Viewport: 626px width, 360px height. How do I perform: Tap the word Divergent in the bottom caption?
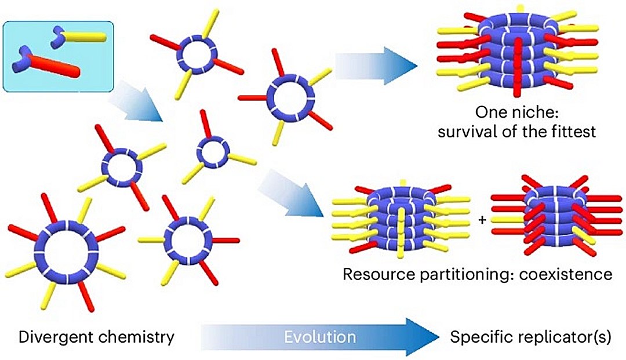(x=45, y=337)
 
